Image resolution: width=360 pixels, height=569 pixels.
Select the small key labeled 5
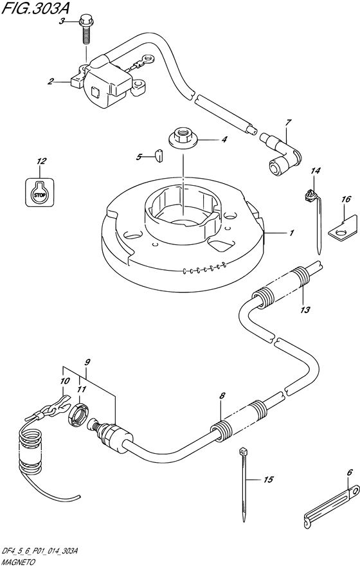pyautogui.click(x=159, y=154)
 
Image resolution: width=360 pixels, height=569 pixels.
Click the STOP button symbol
pyautogui.click(x=40, y=194)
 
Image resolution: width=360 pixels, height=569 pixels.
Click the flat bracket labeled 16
pyautogui.click(x=344, y=228)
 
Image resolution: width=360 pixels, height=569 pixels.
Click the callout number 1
pyautogui.click(x=291, y=233)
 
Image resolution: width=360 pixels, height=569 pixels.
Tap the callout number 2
pyautogui.click(x=51, y=82)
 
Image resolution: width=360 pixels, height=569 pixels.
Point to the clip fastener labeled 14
pyautogui.click(x=314, y=221)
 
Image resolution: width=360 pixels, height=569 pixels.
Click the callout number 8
pyautogui.click(x=222, y=396)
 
